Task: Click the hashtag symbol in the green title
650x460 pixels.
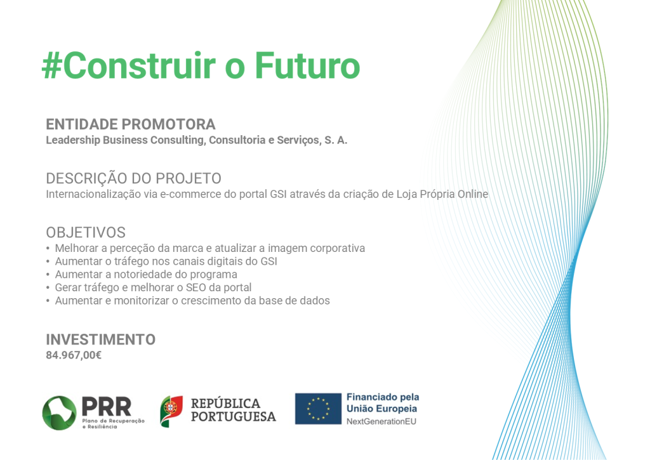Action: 52,65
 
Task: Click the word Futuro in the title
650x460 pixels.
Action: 307,65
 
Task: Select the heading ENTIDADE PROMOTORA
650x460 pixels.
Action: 131,124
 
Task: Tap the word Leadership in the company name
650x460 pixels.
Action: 73,140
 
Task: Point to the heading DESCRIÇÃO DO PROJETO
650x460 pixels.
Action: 133,178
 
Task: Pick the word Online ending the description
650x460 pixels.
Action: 472,194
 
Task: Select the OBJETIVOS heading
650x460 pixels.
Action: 86,232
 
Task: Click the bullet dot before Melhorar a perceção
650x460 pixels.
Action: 48,249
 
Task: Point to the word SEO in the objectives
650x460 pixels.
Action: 196,287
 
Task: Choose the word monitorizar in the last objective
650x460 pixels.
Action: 142,301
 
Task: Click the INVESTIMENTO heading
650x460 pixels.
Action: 101,340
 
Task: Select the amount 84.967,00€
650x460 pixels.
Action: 74,355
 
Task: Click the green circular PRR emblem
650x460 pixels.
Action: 59,413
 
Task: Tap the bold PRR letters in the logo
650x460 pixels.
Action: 107,406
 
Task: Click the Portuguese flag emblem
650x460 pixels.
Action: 171,411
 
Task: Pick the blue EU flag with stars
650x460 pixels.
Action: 318,409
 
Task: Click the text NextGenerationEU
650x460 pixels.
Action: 381,421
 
